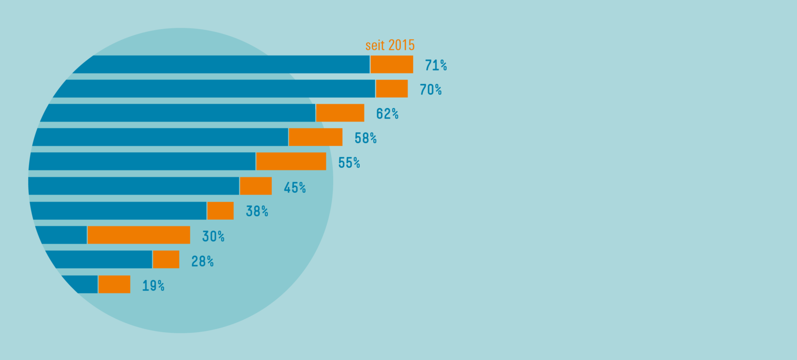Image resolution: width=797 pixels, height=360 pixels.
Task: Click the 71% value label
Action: [436, 65]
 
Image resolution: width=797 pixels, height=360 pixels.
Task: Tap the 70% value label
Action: [430, 90]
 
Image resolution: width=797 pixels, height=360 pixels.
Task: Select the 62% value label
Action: [387, 114]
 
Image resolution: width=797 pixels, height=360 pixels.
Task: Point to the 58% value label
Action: [366, 138]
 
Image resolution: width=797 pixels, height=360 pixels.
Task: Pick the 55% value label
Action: [349, 163]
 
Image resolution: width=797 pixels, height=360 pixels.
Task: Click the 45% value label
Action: [294, 187]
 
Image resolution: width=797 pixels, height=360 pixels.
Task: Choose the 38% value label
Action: [257, 211]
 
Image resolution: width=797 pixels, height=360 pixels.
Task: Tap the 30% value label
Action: [213, 236]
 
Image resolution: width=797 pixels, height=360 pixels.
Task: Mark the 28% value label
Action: [202, 261]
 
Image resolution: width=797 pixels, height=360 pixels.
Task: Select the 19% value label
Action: [153, 286]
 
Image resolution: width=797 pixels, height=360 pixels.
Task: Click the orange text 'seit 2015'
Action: [390, 45]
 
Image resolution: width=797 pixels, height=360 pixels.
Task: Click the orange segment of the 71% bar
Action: [391, 64]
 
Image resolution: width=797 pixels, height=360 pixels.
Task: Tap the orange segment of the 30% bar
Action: [139, 235]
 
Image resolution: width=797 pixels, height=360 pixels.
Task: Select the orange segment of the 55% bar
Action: [291, 161]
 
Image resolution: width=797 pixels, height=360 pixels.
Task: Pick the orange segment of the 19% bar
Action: [114, 284]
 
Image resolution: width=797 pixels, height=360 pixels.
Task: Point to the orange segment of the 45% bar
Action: [255, 186]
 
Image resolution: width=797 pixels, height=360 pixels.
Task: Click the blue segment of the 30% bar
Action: [62, 235]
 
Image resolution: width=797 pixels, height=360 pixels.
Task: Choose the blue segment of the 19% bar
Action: [83, 284]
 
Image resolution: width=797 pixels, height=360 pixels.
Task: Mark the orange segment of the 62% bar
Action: [340, 113]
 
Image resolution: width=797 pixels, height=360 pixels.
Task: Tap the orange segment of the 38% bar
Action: [220, 210]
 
